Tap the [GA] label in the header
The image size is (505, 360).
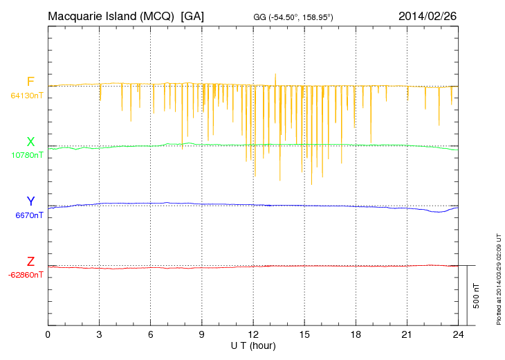click(x=192, y=16)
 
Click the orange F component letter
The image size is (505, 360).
click(x=30, y=82)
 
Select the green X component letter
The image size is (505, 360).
click(x=30, y=142)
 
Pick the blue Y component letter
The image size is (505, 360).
click(x=30, y=201)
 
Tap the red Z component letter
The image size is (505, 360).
click(x=30, y=262)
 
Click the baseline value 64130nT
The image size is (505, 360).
click(x=26, y=96)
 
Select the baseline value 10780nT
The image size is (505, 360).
click(x=26, y=155)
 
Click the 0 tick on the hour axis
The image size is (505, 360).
click(x=48, y=335)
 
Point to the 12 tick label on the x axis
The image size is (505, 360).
click(x=253, y=335)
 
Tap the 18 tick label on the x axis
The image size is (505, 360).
click(x=356, y=335)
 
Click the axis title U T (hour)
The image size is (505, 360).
click(x=253, y=345)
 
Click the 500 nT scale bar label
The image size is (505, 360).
click(x=477, y=296)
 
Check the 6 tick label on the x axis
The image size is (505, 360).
click(x=151, y=335)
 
